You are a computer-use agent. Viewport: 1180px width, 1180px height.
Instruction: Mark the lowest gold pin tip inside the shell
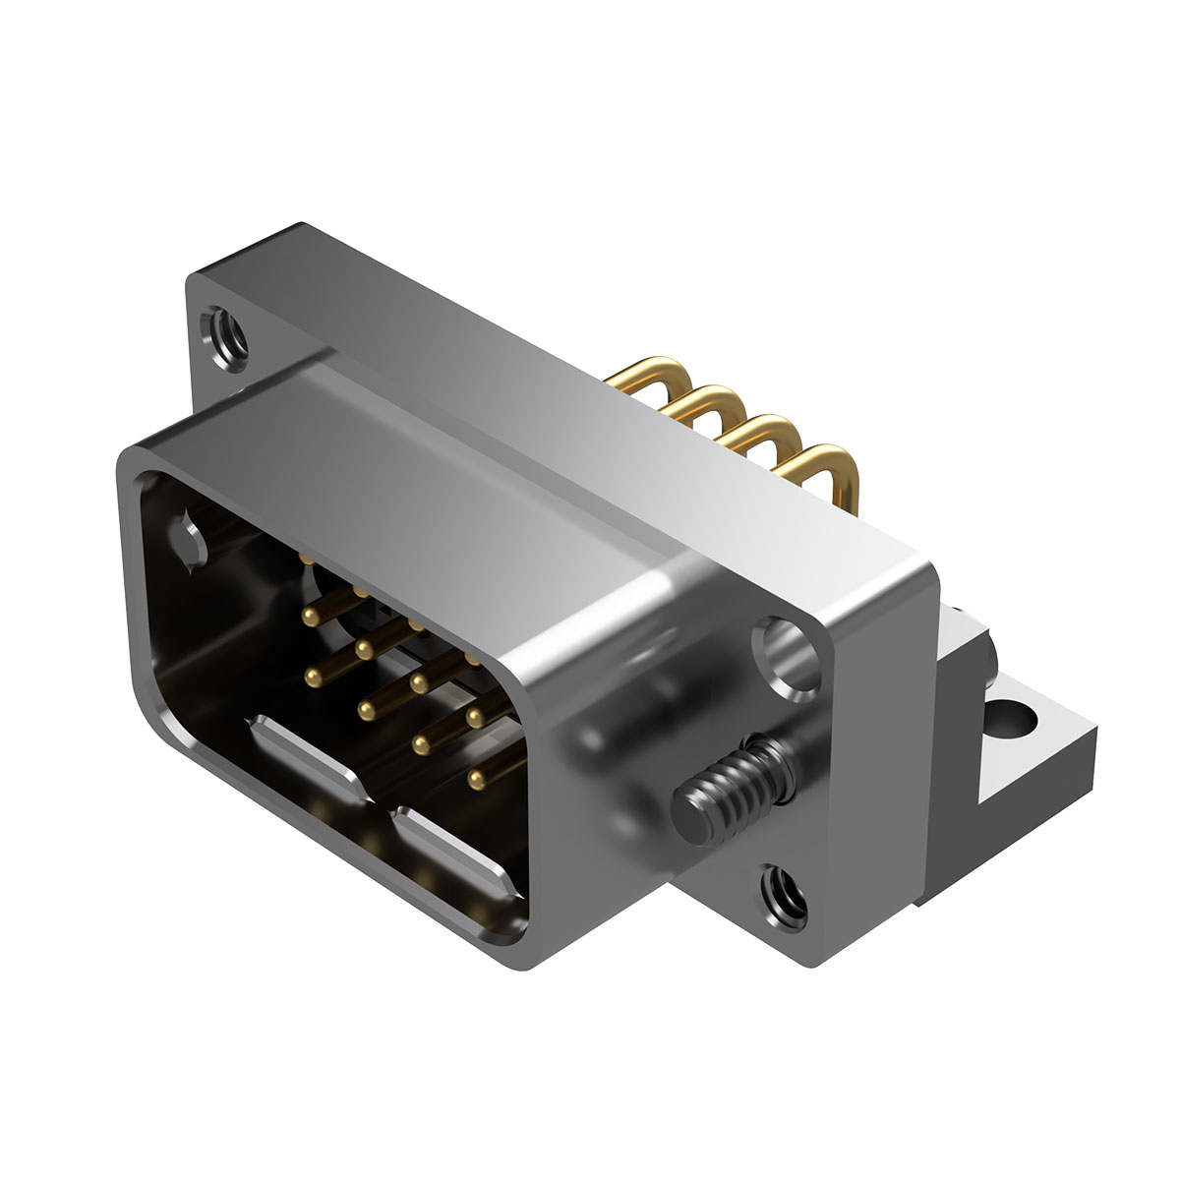[478, 780]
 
